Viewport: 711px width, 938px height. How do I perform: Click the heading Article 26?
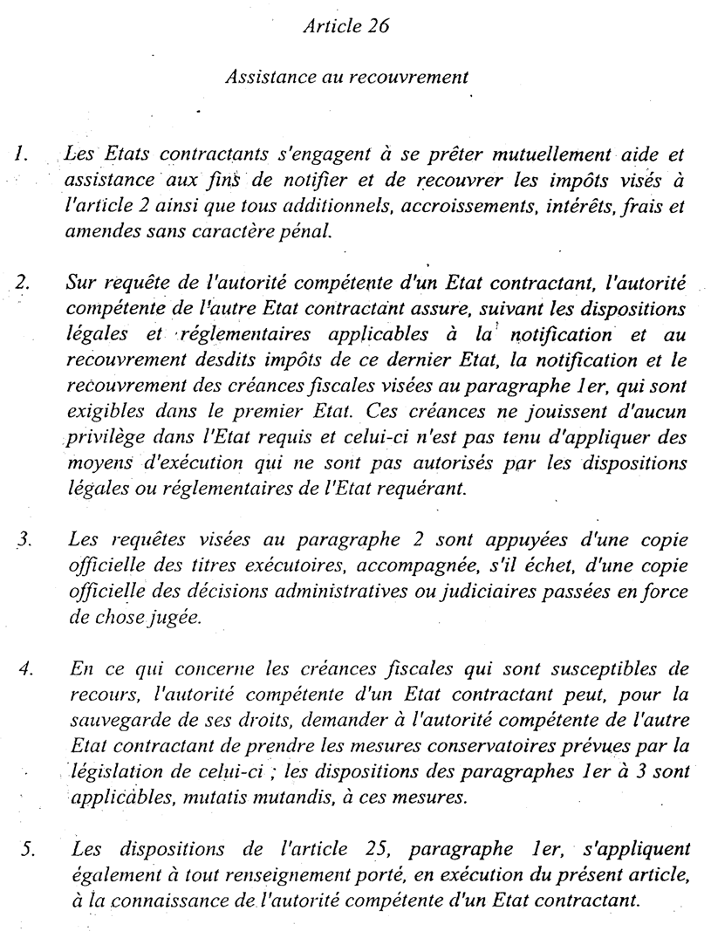click(345, 26)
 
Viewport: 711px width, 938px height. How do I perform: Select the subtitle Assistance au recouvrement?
click(346, 77)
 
